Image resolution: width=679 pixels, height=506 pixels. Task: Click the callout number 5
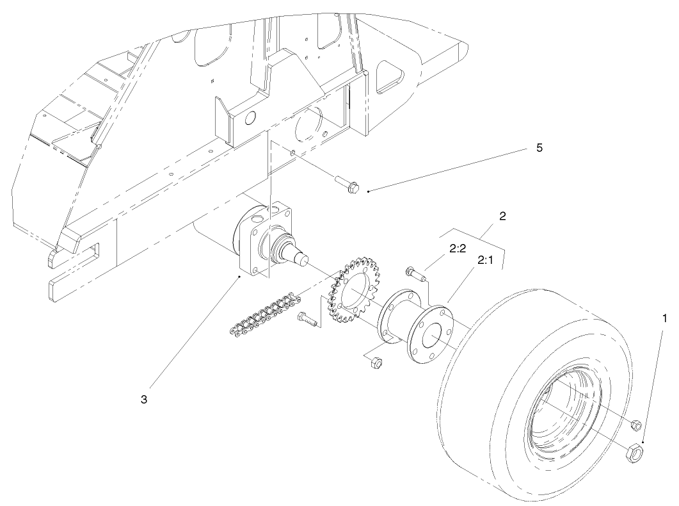pyautogui.click(x=539, y=148)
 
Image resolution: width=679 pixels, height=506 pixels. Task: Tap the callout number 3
pyautogui.click(x=144, y=398)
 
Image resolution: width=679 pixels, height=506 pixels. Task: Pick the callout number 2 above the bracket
pyautogui.click(x=502, y=216)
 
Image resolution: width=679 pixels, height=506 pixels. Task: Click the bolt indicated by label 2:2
pyautogui.click(x=416, y=275)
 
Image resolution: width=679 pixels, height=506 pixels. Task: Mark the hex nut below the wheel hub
pyautogui.click(x=376, y=363)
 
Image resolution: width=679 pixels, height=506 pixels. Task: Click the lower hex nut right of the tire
pyautogui.click(x=632, y=453)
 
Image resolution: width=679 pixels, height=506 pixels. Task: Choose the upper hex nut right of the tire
pyautogui.click(x=635, y=425)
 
